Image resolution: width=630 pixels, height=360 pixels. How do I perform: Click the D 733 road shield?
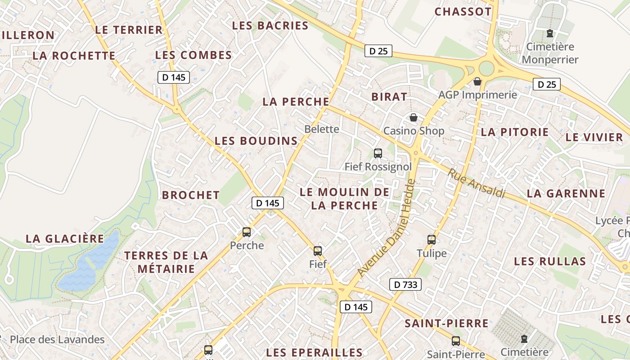[405, 284]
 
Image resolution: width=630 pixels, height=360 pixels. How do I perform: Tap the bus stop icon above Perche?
[247, 232]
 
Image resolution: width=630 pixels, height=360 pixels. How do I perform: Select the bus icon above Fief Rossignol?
[378, 153]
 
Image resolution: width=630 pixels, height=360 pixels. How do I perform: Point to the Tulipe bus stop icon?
[432, 240]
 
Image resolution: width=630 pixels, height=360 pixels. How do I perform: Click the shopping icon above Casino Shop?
[414, 118]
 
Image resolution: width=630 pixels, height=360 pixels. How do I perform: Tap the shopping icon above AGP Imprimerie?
[477, 82]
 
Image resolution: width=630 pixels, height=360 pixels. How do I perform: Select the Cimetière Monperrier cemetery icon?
[549, 33]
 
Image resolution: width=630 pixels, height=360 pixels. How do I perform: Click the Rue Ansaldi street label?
[477, 183]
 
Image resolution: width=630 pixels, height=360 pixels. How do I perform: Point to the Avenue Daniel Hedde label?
[386, 229]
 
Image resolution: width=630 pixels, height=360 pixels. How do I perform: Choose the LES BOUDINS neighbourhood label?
[256, 141]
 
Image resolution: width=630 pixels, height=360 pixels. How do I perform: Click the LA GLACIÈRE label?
[65, 239]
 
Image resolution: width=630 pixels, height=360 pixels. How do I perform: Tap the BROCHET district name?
[191, 195]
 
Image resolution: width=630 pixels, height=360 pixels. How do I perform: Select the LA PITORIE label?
[515, 132]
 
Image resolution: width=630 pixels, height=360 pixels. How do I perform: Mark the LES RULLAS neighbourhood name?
[550, 261]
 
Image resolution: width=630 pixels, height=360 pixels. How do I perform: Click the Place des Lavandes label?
[57, 340]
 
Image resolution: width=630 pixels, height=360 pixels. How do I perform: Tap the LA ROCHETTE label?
[74, 56]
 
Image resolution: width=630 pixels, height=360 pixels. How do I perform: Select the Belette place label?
[322, 129]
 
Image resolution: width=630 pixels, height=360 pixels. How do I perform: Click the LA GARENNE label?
[566, 194]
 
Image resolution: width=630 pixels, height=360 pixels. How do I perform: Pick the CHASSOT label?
[463, 12]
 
